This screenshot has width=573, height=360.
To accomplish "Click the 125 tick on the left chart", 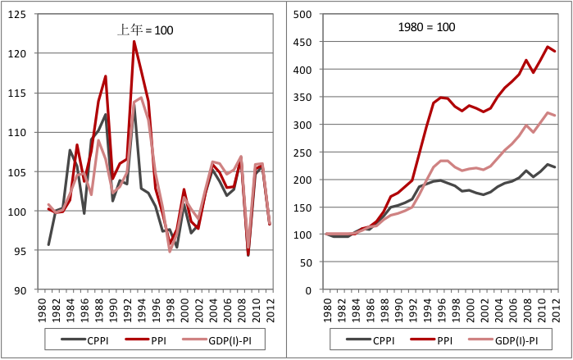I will (x=19, y=15).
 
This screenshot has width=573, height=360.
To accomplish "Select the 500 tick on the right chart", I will (x=304, y=14).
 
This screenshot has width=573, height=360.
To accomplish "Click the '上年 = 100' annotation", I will (x=146, y=30).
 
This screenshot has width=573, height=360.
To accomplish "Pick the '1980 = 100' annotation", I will (x=426, y=27).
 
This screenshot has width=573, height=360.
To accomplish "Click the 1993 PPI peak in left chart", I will (x=134, y=42).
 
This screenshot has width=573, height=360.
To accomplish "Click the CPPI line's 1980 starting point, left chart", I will (x=49, y=244).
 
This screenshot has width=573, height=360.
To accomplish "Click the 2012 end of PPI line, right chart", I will (x=557, y=52).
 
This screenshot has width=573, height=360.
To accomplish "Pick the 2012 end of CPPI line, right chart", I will (x=557, y=167).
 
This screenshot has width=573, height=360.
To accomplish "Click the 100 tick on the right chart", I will (x=304, y=235).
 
